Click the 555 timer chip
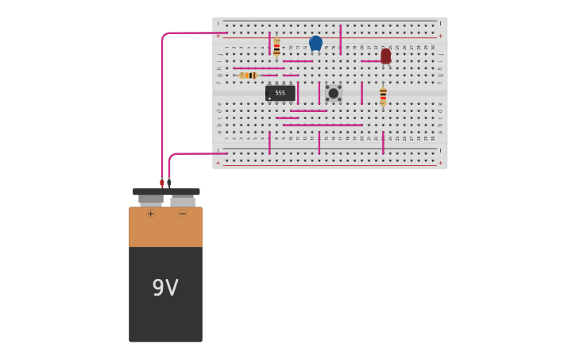coord(280,93)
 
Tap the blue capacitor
coord(315,43)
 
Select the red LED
coord(385,56)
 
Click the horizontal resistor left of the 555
coord(249,75)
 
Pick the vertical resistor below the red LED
coord(383,96)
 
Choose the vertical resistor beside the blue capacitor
coord(276,48)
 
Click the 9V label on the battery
coord(165,288)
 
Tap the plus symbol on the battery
coord(150,214)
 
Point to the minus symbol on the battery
coord(182,214)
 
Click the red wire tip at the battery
coord(162,184)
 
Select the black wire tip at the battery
coord(169,184)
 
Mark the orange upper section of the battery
coord(165,229)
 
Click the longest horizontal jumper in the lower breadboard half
coord(323,125)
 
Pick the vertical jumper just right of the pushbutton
coord(361,93)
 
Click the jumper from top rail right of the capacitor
coord(340,39)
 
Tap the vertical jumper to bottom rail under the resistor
coord(383,142)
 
